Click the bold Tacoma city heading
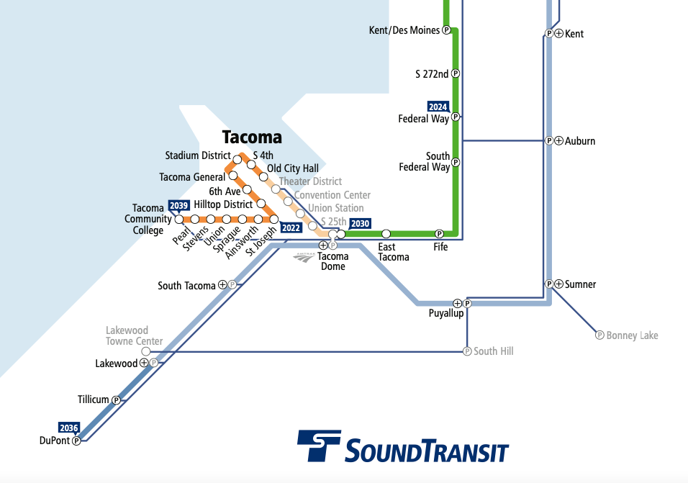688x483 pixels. coord(252,137)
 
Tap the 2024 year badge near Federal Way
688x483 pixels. coord(438,107)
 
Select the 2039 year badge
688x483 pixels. coord(178,205)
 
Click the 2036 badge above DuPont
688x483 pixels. coord(69,428)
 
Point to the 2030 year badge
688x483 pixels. coord(360,223)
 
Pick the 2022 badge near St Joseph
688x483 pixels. coord(291,227)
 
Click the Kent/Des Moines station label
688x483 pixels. coord(404,30)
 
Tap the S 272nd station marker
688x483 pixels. coord(455,73)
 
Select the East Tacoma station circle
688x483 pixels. coord(386,234)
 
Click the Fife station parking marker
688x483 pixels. coord(439,234)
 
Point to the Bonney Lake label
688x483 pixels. coord(632,335)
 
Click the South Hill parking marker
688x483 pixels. coord(467,351)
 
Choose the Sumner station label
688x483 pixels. coord(580,284)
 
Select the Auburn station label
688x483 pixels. coord(580,141)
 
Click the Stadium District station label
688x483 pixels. coord(198,155)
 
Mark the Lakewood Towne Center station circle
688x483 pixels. coord(146,351)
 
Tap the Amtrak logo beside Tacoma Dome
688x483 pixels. coord(304,256)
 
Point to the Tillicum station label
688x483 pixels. coord(94,400)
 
